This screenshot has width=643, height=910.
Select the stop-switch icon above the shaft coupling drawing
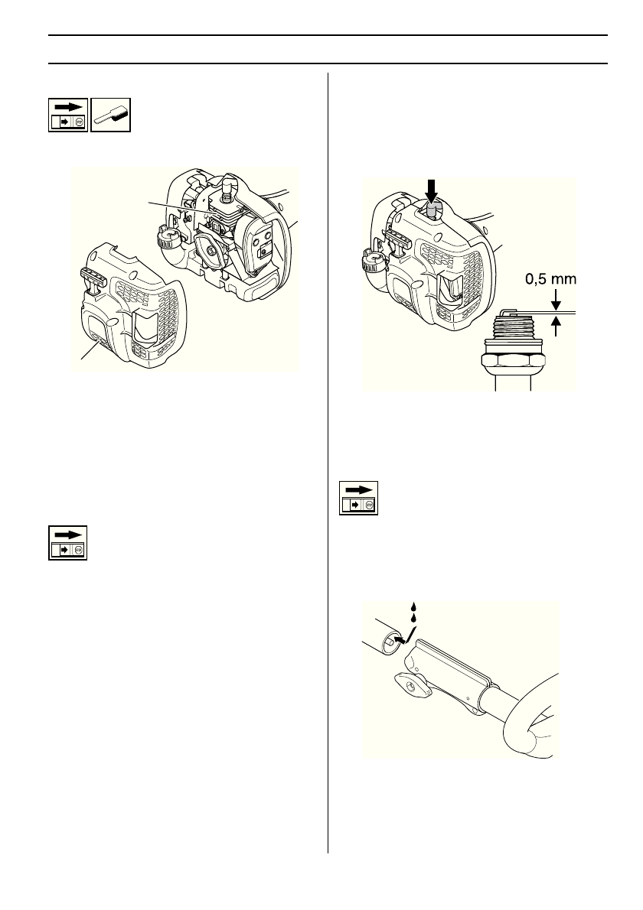(x=359, y=499)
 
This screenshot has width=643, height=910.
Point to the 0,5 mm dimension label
(x=549, y=280)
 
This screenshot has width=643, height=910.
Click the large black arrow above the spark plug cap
(x=431, y=190)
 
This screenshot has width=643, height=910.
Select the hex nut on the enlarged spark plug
(x=515, y=359)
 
